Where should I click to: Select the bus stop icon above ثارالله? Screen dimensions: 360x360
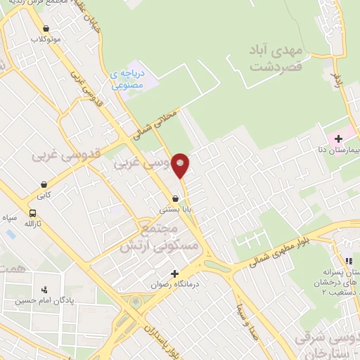pyautogui.click(x=32, y=213)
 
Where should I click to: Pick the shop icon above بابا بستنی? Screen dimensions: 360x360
pyautogui.click(x=174, y=199)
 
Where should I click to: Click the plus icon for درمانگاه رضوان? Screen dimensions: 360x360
pyautogui.click(x=174, y=274)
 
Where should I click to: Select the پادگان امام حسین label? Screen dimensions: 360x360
pyautogui.click(x=46, y=300)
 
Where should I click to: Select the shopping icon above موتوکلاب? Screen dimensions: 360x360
pyautogui.click(x=46, y=29)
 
